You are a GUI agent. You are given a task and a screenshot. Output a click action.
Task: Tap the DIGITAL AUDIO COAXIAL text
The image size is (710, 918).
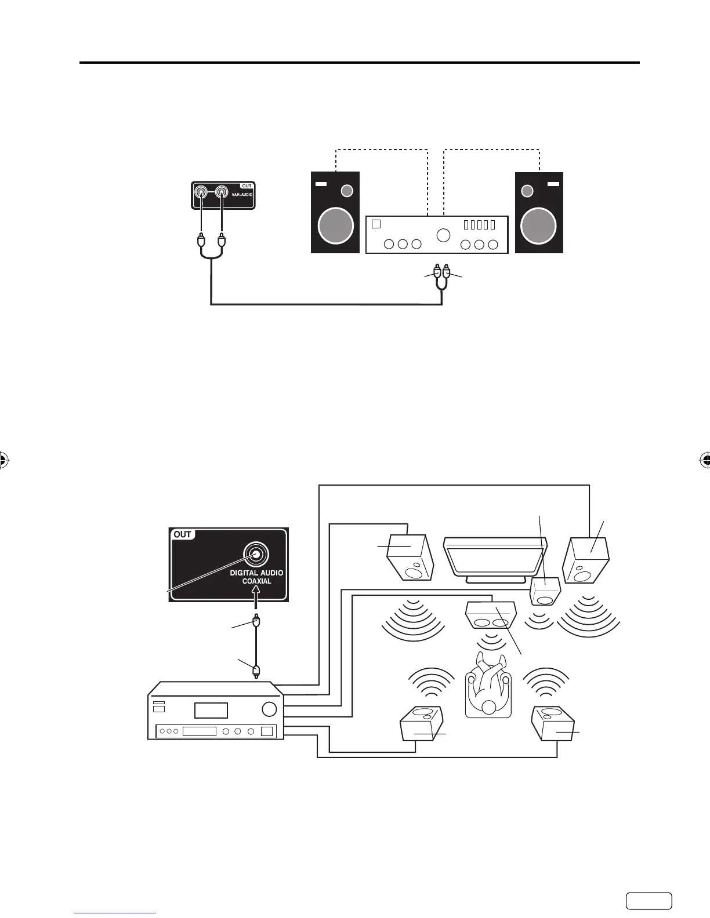click(x=256, y=577)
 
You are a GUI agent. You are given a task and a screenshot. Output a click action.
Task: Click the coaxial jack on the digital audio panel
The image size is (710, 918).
click(x=256, y=554)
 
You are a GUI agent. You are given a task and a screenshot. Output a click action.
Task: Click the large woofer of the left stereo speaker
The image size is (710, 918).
click(x=336, y=226)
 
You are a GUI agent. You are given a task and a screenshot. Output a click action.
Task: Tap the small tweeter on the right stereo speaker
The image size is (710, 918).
click(x=527, y=191)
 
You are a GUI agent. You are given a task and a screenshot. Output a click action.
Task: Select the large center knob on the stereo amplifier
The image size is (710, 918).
click(x=443, y=235)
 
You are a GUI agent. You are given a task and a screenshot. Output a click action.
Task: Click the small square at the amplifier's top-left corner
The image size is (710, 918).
click(x=376, y=224)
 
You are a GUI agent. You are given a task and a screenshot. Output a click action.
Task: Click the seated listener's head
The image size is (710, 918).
click(x=489, y=706)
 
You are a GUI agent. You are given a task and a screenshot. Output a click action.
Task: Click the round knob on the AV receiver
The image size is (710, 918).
click(x=269, y=709)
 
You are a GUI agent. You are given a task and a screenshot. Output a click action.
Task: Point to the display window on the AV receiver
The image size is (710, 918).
click(x=211, y=711)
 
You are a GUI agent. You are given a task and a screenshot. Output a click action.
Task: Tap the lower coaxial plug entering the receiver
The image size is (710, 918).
click(x=256, y=671)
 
